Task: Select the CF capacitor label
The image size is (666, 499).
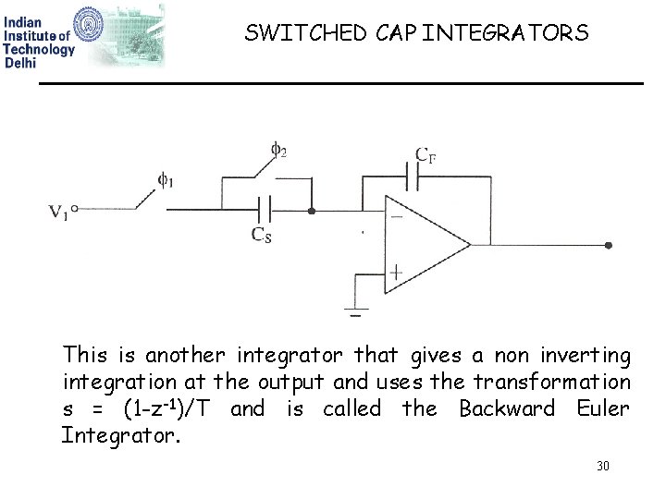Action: click(x=425, y=155)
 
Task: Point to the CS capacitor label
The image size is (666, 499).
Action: click(x=262, y=235)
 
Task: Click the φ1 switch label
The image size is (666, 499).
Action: click(x=165, y=180)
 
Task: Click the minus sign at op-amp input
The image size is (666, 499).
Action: click(x=395, y=217)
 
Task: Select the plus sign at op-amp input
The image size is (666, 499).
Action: click(x=395, y=274)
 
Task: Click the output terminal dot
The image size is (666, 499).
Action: click(x=608, y=246)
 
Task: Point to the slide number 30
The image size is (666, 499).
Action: click(x=603, y=466)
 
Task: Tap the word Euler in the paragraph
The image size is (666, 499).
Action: click(x=602, y=408)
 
